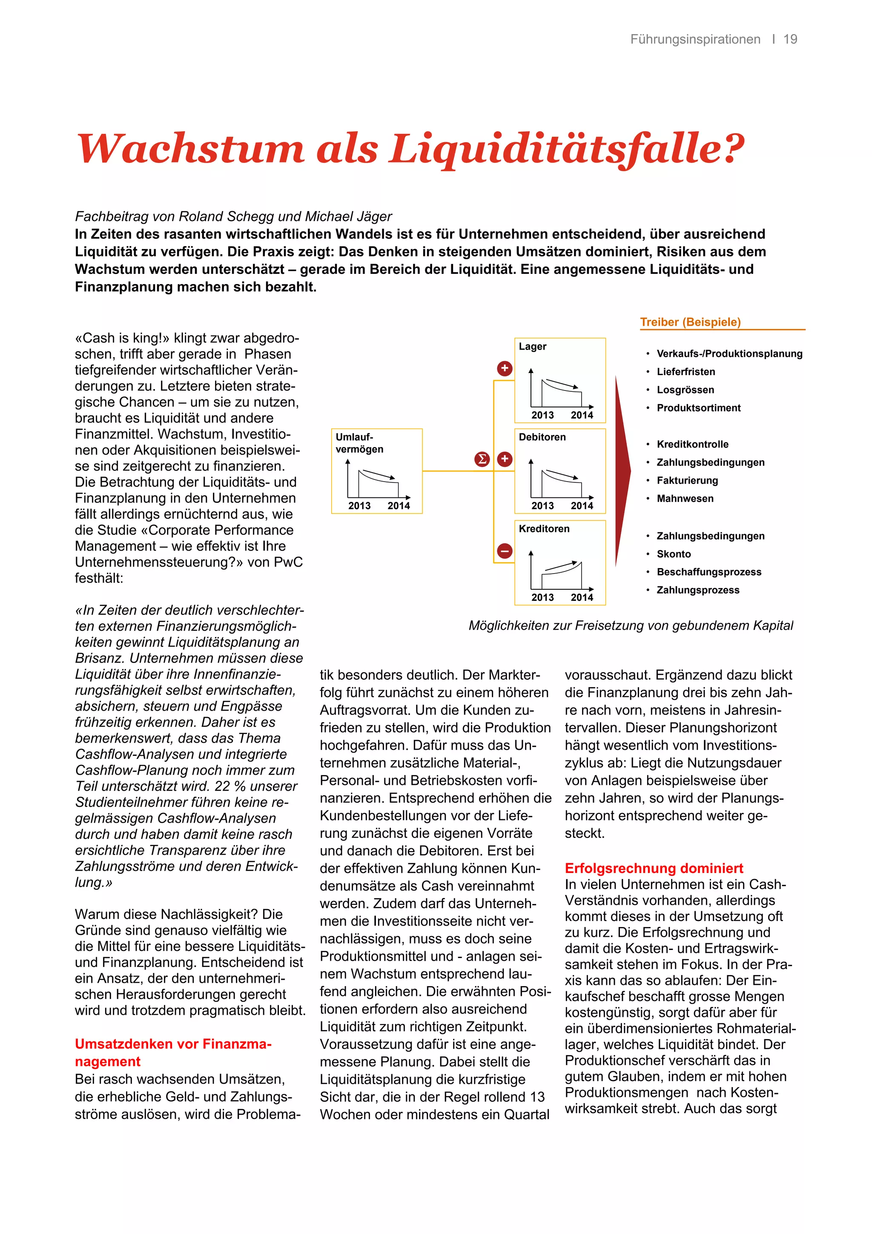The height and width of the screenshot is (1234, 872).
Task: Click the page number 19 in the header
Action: coord(790,39)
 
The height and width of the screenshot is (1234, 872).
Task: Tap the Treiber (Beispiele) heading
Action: coord(690,322)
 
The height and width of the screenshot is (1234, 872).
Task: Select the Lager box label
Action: coord(533,347)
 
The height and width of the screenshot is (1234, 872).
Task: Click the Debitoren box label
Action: coord(542,437)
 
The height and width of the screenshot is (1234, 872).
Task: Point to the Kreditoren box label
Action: coord(544,529)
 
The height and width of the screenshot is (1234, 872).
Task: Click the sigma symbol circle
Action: coord(482,459)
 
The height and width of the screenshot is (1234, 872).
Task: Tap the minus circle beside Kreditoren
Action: coord(505,551)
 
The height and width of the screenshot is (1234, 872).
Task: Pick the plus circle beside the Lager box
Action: coord(505,368)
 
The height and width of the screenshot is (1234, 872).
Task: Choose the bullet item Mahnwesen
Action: coord(685,498)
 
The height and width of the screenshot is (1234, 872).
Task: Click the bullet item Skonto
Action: coord(674,554)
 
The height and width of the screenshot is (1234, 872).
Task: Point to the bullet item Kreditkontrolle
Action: coord(693,444)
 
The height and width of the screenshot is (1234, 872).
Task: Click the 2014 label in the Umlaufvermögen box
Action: coord(399,506)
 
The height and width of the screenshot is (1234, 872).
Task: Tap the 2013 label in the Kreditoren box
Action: coord(542,597)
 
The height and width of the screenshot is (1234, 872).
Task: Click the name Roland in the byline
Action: coord(199,217)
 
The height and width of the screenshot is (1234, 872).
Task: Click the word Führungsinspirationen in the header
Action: coord(695,39)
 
